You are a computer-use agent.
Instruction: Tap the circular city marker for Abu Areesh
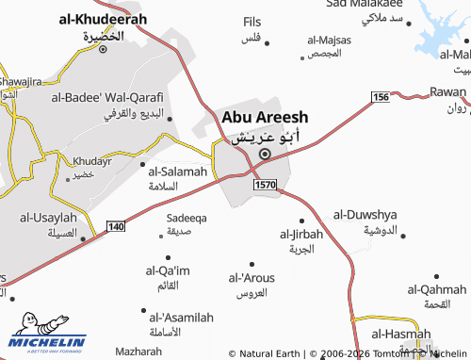(x=265, y=155)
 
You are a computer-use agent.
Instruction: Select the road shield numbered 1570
(x=265, y=186)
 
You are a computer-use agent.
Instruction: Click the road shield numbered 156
(x=380, y=98)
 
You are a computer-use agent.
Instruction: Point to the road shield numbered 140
(x=116, y=227)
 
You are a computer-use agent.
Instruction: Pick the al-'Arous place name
(x=252, y=278)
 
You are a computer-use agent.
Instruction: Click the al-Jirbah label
(x=301, y=233)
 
